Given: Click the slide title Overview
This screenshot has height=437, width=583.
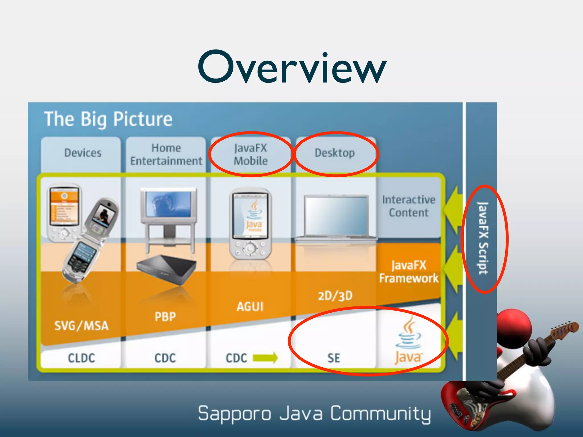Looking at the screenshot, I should click(292, 67).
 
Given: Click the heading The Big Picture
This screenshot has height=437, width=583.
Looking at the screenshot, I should click(108, 119).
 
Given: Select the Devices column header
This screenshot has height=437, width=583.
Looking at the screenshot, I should click(83, 153).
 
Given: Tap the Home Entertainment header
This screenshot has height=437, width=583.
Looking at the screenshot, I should click(166, 154).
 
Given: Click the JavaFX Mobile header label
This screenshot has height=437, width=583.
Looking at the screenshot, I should click(251, 154).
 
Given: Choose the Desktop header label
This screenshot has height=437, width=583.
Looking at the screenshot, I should click(335, 153).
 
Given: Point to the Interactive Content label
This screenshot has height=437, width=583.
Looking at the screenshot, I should click(409, 206).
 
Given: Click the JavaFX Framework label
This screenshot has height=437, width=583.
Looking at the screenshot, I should click(409, 272).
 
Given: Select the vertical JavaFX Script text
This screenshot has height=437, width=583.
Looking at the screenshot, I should click(483, 238).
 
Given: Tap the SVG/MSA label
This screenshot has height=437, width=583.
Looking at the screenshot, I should click(81, 326).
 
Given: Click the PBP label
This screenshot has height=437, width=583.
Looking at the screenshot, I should click(165, 317).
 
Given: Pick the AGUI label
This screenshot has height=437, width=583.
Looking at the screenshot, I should click(250, 307).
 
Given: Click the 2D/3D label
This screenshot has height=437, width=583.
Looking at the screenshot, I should click(335, 296).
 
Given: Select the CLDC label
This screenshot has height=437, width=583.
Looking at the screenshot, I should click(81, 358).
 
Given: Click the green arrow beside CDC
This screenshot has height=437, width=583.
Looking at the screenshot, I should click(265, 358).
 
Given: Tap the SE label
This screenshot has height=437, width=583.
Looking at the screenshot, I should click(334, 358).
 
